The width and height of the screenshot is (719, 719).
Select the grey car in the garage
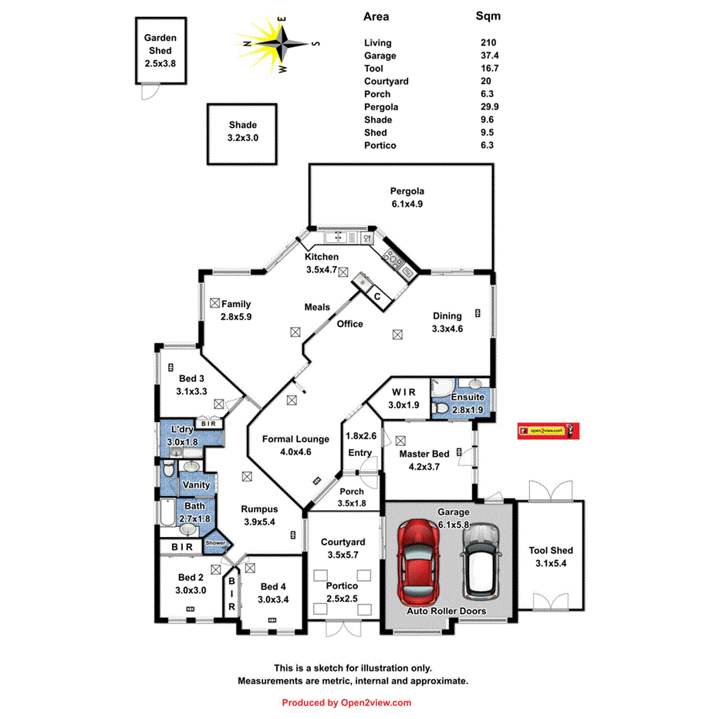[x=481, y=562]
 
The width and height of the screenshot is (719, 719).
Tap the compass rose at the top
[x=279, y=44]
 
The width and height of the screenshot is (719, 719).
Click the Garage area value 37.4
[x=490, y=56]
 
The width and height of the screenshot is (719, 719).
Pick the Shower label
[x=215, y=543]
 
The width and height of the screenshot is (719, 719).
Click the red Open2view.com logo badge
[x=547, y=430]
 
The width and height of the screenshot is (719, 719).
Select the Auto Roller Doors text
[x=447, y=610]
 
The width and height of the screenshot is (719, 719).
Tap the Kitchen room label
[x=321, y=257]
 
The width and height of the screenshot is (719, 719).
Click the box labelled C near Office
[x=377, y=296]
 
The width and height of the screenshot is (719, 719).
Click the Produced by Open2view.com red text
[x=346, y=703]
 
